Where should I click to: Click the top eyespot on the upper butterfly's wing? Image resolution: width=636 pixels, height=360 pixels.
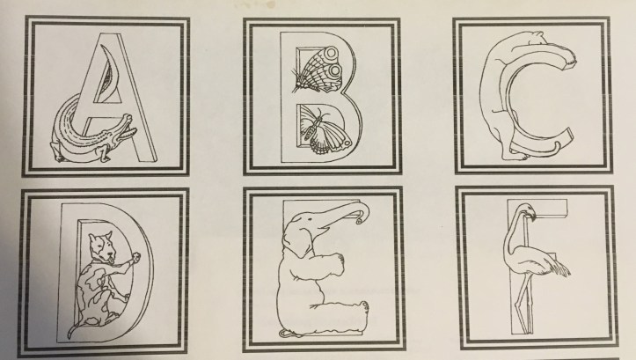coord(331,53)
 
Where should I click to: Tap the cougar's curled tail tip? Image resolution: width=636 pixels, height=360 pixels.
coord(558,145)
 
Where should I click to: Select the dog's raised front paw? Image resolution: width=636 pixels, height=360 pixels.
coord(135,257)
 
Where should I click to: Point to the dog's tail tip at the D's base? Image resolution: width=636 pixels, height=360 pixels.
coord(69,334)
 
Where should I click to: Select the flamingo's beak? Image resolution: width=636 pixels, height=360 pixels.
coord(531,217)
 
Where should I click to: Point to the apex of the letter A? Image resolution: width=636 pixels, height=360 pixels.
coord(109,34)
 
